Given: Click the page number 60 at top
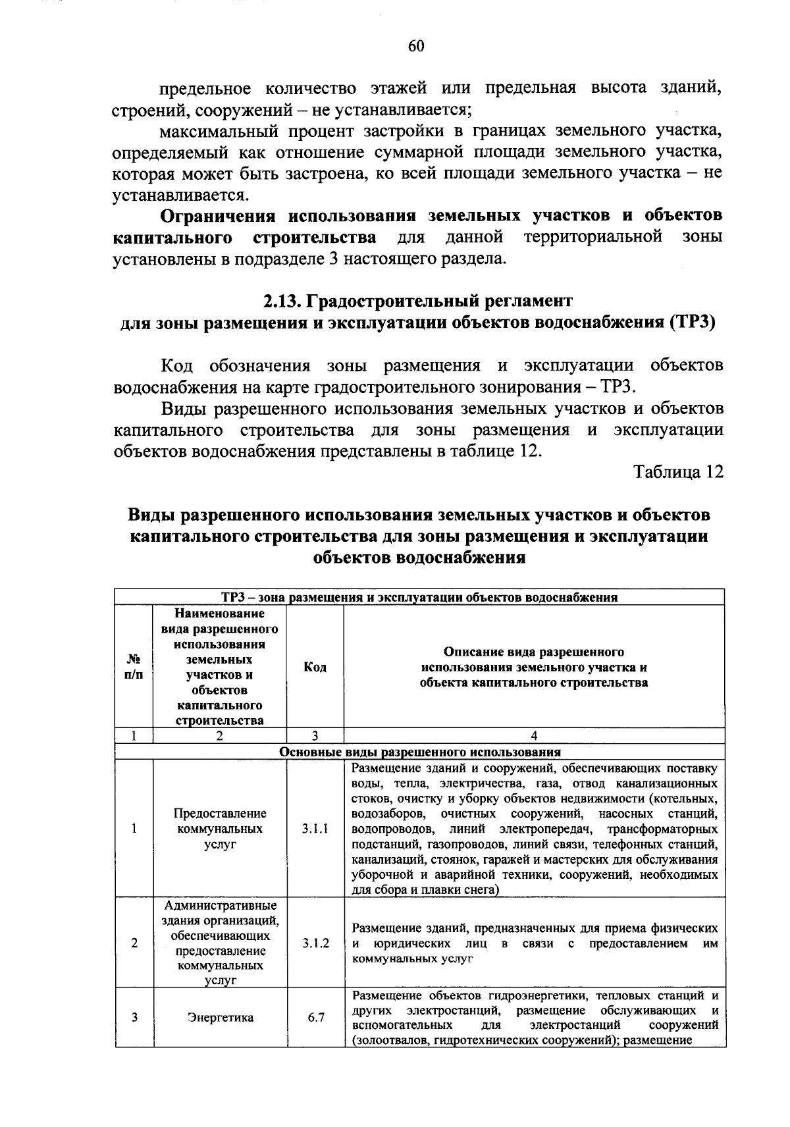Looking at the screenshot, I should coord(416,45).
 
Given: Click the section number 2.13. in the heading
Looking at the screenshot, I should coord(282,301).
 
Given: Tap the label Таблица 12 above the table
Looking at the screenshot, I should coord(678,472).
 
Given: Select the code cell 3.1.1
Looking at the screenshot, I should coord(315,829).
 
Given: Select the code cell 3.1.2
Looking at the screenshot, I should coord(315,943).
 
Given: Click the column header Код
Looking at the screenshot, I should coord(315,667).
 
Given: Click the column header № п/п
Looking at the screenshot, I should coord(134,667).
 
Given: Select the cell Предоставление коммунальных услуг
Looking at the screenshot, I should coord(220,829).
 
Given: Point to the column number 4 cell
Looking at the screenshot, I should coord(534,736).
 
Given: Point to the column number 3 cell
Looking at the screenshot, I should coord(315,736).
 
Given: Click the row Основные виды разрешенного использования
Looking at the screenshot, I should coord(420,752).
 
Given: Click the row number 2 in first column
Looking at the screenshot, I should coord(134,943).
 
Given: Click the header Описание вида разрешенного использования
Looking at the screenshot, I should coord(534,667).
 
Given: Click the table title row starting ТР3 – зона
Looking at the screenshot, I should coord(420,597).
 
